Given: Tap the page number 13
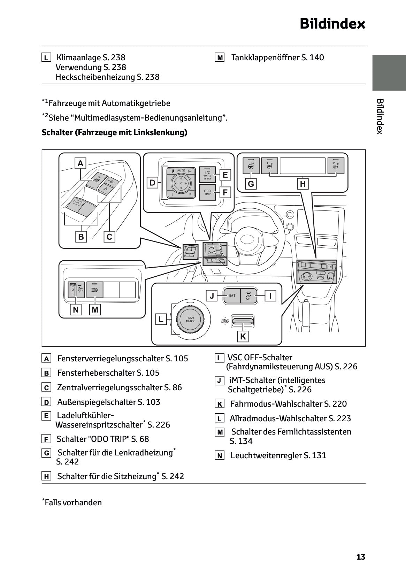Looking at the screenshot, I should coord(361,557).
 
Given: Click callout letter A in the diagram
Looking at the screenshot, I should coord(81,163).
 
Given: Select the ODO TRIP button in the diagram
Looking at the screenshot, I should coord(207,192).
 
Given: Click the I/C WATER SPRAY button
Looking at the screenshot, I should coord(207,175).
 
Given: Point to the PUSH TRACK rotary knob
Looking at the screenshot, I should coord(190,319).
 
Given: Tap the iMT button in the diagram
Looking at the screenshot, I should coord(232,296).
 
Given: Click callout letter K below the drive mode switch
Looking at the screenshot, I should coord(243,337).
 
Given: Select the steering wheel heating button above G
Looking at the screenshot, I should coord(251,166).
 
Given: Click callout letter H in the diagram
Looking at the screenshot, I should coord(302,184).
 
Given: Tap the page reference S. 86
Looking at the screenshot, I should coord(173,387).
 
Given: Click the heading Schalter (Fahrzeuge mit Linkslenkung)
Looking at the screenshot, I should coord(114,132).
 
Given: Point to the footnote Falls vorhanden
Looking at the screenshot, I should coord(73,502).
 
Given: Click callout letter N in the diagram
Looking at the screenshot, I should coord(76,309).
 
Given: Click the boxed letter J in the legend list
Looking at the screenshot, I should coord(219,381).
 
